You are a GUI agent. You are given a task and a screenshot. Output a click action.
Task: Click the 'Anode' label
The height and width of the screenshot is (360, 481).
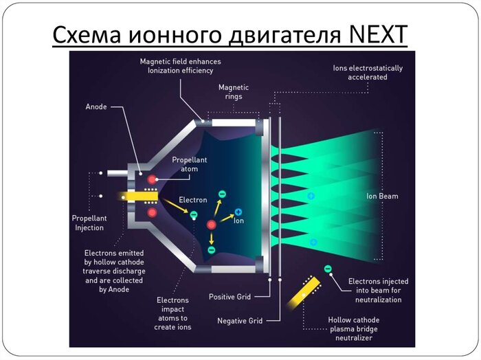96,106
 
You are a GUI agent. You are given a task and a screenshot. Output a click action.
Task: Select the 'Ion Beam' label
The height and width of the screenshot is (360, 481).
382,196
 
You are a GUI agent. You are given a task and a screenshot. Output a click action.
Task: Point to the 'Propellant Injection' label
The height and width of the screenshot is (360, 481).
89,223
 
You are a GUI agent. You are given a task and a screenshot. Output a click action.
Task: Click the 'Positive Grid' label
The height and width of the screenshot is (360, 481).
230,297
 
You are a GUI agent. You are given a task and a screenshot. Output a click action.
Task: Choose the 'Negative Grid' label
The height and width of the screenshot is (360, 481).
239,321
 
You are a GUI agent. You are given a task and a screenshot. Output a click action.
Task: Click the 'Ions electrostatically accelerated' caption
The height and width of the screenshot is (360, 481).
367,72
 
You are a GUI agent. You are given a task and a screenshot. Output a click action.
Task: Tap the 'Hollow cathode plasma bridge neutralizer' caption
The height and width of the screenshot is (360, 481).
353,328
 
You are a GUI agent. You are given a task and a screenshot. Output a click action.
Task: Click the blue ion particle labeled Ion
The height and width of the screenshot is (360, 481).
238,212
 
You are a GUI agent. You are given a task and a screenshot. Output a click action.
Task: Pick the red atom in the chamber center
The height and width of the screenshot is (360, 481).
212,225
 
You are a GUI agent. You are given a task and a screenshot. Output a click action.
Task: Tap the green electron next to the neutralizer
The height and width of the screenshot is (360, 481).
328,269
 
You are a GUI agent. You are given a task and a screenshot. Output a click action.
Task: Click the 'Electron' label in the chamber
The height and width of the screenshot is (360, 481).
192,200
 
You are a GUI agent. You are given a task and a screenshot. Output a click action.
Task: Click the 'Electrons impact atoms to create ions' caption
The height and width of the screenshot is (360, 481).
174,313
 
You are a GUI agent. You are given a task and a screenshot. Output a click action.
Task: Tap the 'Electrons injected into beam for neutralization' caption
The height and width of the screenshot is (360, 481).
378,291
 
